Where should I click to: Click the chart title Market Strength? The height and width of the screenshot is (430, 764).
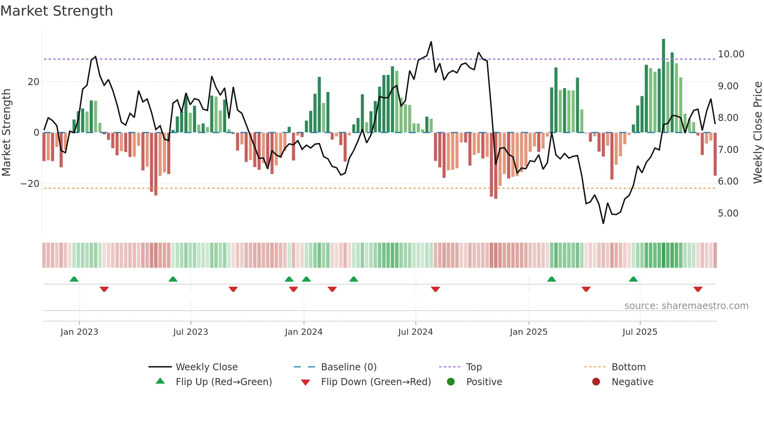pyautogui.click(x=57, y=11)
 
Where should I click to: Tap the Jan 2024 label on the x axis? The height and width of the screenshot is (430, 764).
pyautogui.click(x=304, y=332)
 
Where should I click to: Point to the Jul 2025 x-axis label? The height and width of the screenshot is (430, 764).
pyautogui.click(x=640, y=332)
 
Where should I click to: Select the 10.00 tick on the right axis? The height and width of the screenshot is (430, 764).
pyautogui.click(x=731, y=54)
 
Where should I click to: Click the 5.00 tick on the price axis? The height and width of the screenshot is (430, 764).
pyautogui.click(x=728, y=213)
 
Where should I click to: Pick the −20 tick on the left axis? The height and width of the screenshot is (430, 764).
pyautogui.click(x=30, y=184)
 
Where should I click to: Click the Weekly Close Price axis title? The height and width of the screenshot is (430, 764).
pyautogui.click(x=757, y=132)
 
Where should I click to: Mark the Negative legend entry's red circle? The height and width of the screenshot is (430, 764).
pyautogui.click(x=596, y=382)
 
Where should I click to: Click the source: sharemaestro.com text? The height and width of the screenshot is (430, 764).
pyautogui.click(x=686, y=306)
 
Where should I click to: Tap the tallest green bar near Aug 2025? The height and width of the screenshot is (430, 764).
pyautogui.click(x=663, y=86)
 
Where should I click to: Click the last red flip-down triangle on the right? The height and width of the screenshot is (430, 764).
pyautogui.click(x=698, y=289)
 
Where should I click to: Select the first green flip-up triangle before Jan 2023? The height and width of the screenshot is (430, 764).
pyautogui.click(x=74, y=279)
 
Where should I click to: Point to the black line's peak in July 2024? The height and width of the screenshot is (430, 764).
pyautogui.click(x=431, y=42)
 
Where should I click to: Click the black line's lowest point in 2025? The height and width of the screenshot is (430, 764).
pyautogui.click(x=603, y=223)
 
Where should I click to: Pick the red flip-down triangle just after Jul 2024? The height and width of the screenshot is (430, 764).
pyautogui.click(x=435, y=289)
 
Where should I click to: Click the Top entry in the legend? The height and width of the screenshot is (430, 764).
pyautogui.click(x=474, y=367)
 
